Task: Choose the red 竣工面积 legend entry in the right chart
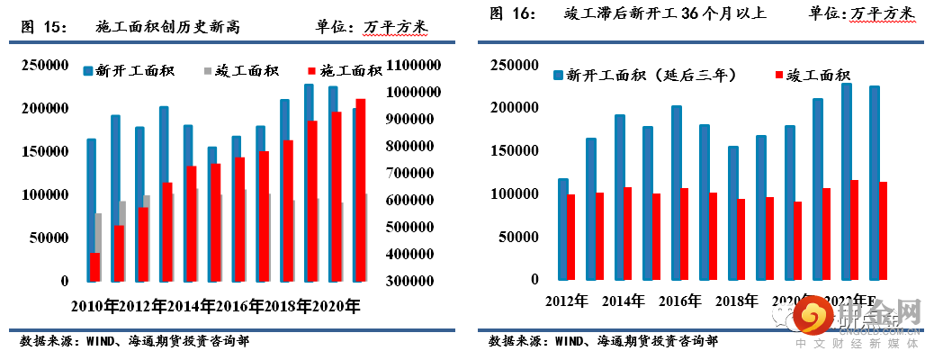814,76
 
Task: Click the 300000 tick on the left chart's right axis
413,281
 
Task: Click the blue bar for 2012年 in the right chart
562,229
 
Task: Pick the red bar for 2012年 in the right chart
571,236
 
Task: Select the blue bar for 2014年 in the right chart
619,197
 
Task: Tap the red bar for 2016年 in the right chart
684,234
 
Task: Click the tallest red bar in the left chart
361,190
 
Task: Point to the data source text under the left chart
135,341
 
